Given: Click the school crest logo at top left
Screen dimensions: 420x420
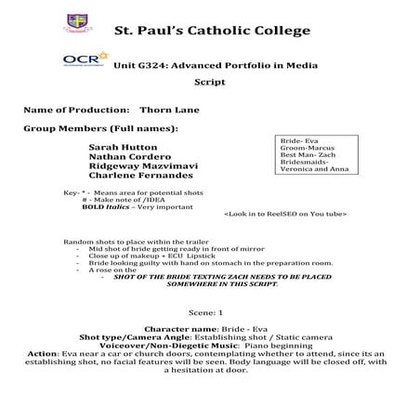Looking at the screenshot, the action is pyautogui.click(x=77, y=21).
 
